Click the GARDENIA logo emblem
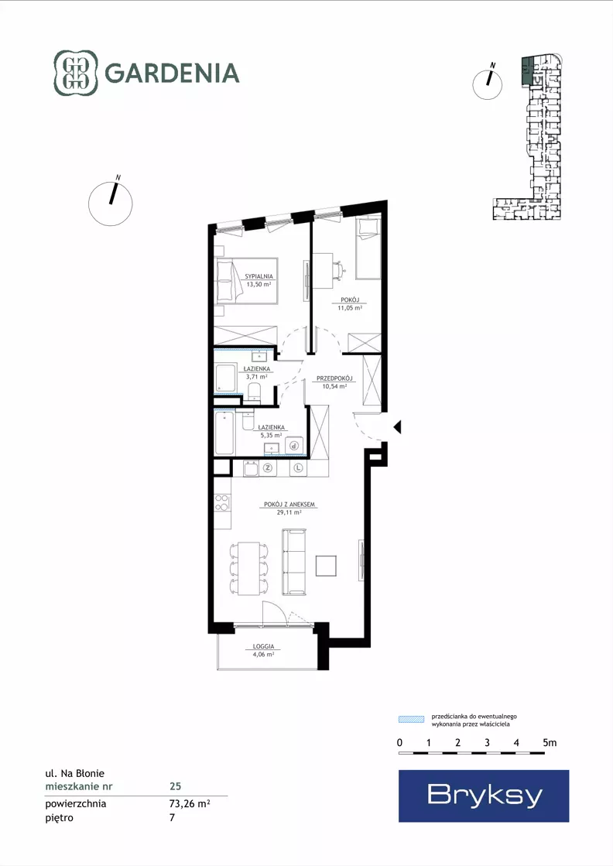[x=76, y=73]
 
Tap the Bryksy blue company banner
[x=484, y=796]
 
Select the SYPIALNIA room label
[x=259, y=276]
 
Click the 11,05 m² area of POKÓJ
[x=350, y=308]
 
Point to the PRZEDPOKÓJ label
[x=334, y=379]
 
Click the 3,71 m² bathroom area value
[x=257, y=377]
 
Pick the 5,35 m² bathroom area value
[x=271, y=435]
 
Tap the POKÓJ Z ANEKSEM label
[x=289, y=505]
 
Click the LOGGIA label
[x=263, y=647]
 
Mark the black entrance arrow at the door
[x=397, y=427]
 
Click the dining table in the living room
[x=248, y=569]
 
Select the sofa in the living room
[x=294, y=562]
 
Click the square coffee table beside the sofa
[x=327, y=566]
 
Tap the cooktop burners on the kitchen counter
[x=222, y=502]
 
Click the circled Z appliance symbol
[x=268, y=468]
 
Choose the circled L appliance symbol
[x=299, y=468]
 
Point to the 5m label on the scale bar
[x=550, y=743]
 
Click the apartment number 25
[x=175, y=786]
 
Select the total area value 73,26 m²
[x=190, y=803]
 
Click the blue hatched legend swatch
[x=412, y=720]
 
